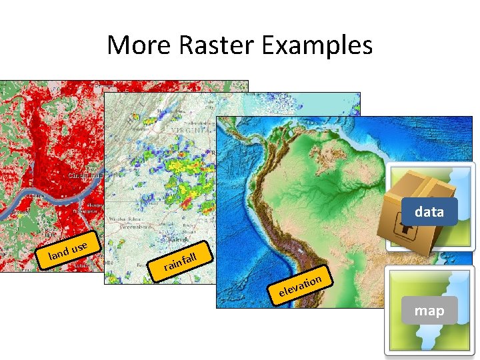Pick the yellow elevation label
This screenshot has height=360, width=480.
pos(301,284)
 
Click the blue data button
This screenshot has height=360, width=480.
pos(429,212)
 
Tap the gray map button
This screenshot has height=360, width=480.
pos(429,311)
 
